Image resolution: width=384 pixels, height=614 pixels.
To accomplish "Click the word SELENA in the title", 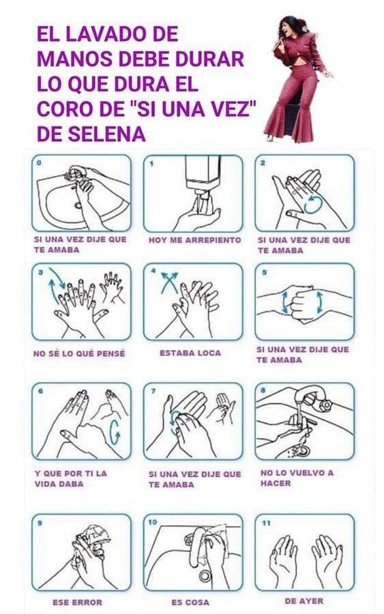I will click(x=103, y=134).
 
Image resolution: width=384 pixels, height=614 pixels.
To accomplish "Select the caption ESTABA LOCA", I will click(x=190, y=353).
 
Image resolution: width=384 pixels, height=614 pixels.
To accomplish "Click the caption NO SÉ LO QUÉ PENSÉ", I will click(x=78, y=353).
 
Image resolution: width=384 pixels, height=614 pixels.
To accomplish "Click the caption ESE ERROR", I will click(x=77, y=602).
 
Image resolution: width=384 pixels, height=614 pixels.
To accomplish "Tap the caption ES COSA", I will click(x=190, y=602).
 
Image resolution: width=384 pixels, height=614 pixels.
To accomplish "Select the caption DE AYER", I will click(x=304, y=601).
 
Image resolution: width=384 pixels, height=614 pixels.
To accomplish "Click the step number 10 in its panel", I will click(x=153, y=522).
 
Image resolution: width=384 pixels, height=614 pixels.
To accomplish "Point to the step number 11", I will click(x=265, y=523).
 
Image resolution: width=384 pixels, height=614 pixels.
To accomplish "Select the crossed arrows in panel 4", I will click(x=168, y=280).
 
